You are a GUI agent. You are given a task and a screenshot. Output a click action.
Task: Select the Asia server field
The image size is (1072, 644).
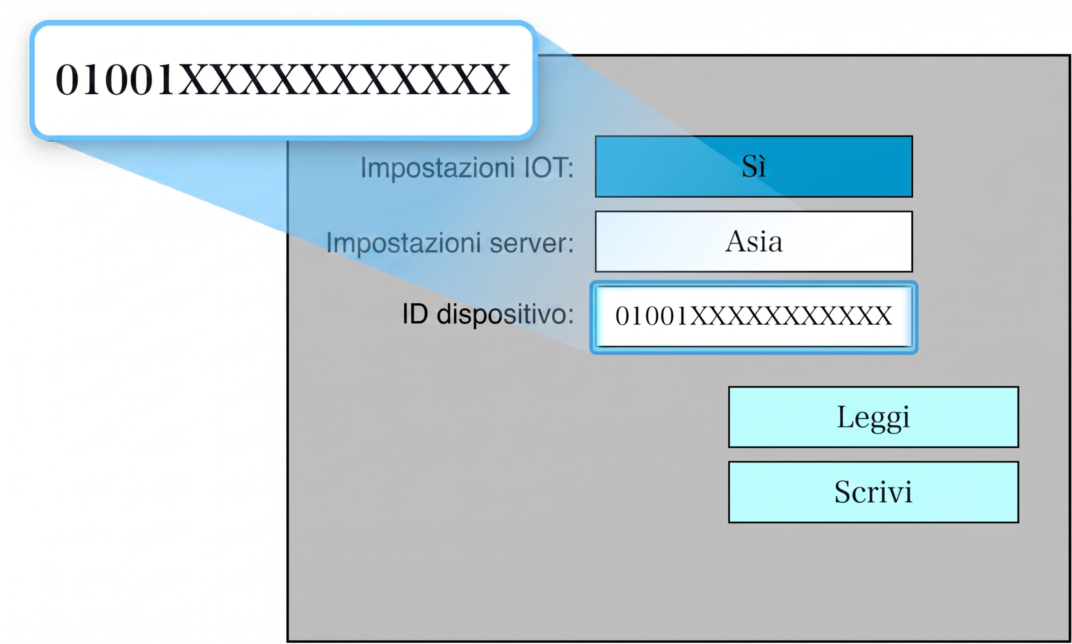(753, 242)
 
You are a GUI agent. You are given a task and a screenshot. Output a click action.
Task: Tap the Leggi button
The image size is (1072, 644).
(873, 417)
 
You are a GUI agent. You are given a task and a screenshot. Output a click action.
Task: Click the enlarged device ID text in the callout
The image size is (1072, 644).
(283, 79)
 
